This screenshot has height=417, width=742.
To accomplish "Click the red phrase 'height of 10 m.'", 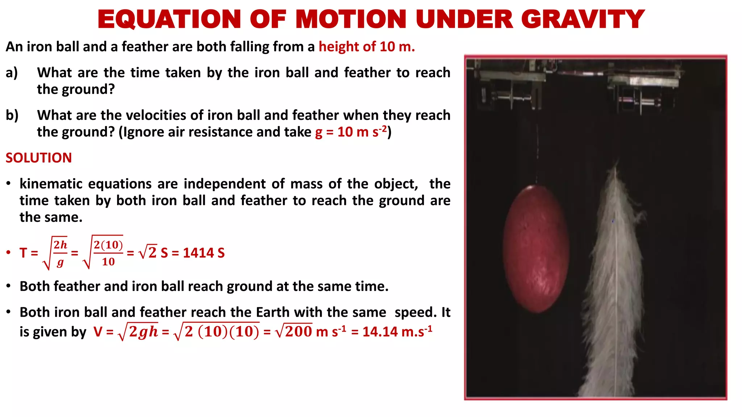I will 367,47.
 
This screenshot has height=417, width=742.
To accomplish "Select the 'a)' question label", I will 12,73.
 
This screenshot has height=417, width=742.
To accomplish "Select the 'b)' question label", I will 12,115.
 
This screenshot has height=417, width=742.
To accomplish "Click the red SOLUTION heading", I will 39,158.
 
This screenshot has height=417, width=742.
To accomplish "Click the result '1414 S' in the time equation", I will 204,253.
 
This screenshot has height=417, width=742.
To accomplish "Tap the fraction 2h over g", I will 60,253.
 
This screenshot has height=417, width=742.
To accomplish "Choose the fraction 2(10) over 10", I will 108,253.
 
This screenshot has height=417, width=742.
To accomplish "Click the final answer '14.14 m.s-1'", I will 397,332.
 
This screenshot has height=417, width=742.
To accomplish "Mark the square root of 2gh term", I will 139,332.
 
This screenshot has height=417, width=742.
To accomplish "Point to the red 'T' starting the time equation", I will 24,253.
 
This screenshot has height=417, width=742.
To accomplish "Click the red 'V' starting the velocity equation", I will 98,332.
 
